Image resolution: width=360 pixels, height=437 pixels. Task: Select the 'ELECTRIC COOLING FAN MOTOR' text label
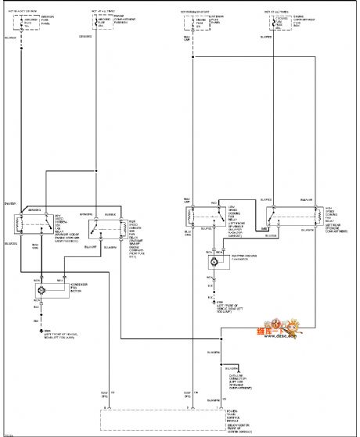(x=237, y=263)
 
